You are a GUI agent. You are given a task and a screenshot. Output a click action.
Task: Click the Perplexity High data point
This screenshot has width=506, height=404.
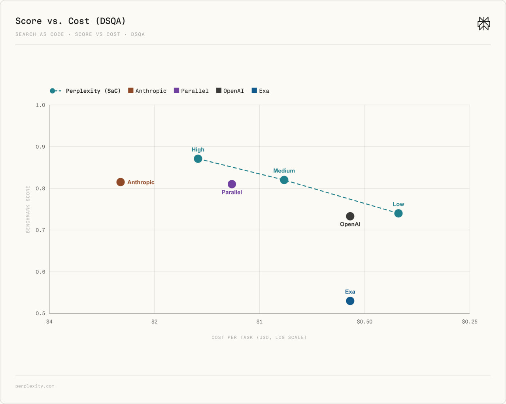[198, 159]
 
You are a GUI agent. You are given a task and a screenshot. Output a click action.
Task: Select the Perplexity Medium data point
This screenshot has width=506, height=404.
[284, 180]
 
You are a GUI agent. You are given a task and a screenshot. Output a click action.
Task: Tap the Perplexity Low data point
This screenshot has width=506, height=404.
[398, 213]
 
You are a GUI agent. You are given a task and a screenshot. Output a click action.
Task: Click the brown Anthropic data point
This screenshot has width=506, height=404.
[121, 182]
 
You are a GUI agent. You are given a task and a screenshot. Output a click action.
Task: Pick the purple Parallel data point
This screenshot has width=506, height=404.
[232, 184]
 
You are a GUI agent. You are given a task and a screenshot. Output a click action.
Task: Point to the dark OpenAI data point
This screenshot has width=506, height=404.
[350, 216]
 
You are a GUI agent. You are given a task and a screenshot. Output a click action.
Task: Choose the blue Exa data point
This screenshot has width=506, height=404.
[350, 301]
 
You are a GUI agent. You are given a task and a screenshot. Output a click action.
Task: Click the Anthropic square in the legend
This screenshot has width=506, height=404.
[131, 90]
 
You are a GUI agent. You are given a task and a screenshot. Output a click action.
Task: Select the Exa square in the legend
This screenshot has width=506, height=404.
[254, 90]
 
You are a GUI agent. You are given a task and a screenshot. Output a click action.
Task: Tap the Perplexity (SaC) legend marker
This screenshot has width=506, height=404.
[55, 91]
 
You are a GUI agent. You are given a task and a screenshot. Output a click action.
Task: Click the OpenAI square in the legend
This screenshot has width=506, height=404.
[219, 90]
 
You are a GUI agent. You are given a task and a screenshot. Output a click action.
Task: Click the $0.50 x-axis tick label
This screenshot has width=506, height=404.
[364, 322]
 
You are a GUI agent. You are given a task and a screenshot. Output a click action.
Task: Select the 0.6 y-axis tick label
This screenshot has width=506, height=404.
[40, 272]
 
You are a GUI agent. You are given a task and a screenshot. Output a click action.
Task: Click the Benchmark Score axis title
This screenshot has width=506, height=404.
[28, 209]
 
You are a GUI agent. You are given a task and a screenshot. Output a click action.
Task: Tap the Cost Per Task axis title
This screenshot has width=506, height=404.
[259, 337]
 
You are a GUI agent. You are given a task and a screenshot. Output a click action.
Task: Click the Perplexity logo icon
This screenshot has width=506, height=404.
[483, 24]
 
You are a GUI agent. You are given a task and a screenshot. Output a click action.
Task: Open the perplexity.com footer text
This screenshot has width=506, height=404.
[35, 386]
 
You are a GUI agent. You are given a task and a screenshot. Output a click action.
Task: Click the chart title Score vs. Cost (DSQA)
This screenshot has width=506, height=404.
[70, 21]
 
